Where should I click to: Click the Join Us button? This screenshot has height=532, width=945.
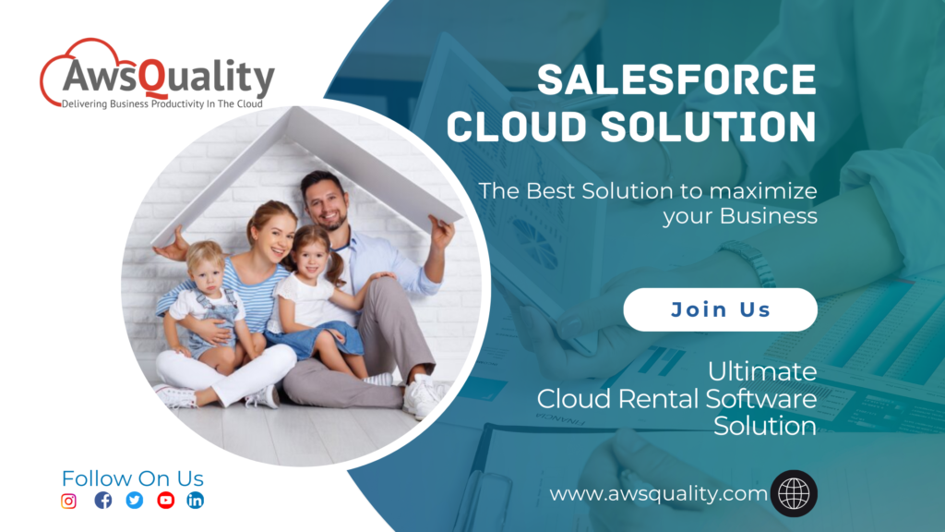720,309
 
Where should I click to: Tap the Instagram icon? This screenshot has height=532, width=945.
68,501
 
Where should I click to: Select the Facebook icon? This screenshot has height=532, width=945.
103,501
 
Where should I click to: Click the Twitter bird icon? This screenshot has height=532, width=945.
135,501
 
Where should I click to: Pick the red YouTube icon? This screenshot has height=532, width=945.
166,501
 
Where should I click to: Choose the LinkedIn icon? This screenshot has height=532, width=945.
196,501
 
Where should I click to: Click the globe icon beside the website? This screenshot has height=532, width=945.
794,493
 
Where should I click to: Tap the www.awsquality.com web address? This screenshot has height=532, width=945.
658,494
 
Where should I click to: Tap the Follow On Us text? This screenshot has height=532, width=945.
132,478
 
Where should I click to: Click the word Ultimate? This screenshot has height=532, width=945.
762,372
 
